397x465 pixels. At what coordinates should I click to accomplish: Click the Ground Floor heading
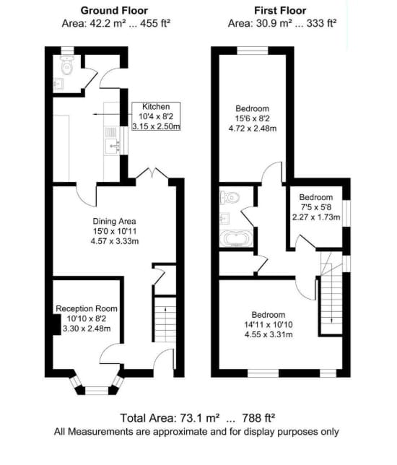pyautogui.click(x=115, y=10)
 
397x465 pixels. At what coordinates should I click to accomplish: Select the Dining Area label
pyautogui.click(x=115, y=220)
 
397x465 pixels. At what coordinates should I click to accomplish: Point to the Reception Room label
pyautogui.click(x=87, y=308)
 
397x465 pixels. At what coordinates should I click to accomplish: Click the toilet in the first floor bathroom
pyautogui.click(x=230, y=197)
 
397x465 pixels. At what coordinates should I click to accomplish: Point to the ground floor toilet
pyautogui.click(x=66, y=66)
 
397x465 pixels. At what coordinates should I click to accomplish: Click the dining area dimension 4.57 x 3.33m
pyautogui.click(x=115, y=240)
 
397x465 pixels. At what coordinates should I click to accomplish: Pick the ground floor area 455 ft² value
pyautogui.click(x=157, y=22)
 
